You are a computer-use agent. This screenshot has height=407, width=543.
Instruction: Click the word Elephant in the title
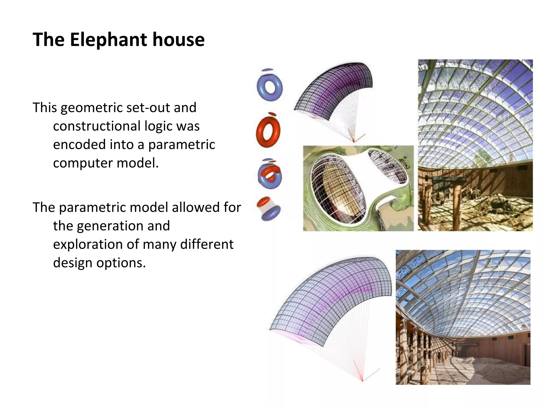[x=108, y=40]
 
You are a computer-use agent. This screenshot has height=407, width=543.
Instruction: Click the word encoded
[x=79, y=145]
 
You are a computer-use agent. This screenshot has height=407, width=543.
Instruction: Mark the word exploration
[x=87, y=244]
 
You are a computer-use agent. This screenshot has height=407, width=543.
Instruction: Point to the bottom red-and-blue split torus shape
[x=269, y=209]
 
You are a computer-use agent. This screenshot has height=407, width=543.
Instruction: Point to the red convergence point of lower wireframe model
[x=362, y=381]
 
